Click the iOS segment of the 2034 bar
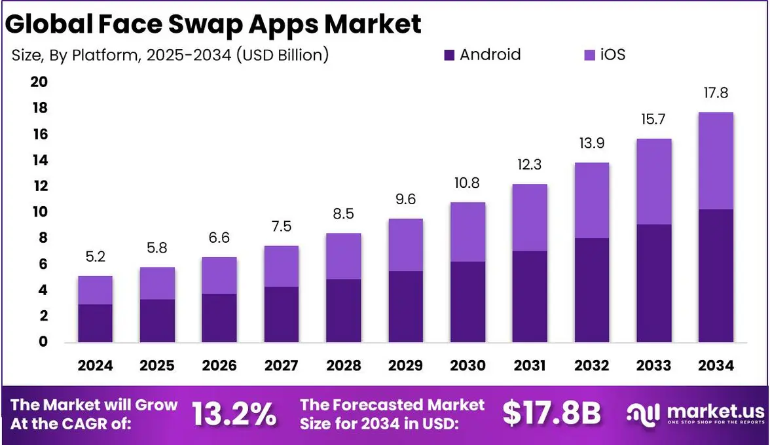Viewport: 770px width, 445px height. pos(715,161)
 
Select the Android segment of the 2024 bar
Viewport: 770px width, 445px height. pos(95,323)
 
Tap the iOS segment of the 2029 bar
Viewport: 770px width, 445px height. pos(405,245)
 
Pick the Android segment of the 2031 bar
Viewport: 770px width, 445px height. pos(530,296)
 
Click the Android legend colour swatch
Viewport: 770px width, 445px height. pos(449,55)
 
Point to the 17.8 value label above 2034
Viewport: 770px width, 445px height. pos(715,94)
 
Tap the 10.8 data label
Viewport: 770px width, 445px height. pos(467,183)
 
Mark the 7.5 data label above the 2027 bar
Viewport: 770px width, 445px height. pos(281,227)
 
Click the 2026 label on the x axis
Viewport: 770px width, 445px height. pos(219,366)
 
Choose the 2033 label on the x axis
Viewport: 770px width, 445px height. pos(653,366)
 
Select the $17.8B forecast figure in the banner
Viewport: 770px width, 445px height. pos(551,413)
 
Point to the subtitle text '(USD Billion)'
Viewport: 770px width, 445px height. pos(282,55)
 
